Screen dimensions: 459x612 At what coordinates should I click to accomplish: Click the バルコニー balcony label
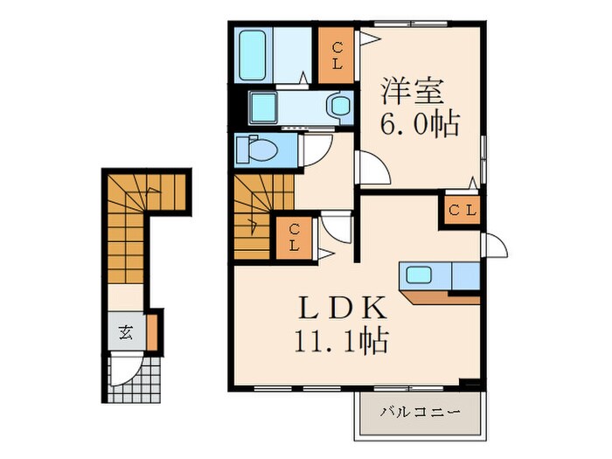pyautogui.click(x=420, y=411)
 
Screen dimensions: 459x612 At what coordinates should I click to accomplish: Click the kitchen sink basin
pyautogui.click(x=418, y=275)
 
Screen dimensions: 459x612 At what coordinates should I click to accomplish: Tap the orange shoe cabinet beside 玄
pyautogui.click(x=150, y=331)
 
